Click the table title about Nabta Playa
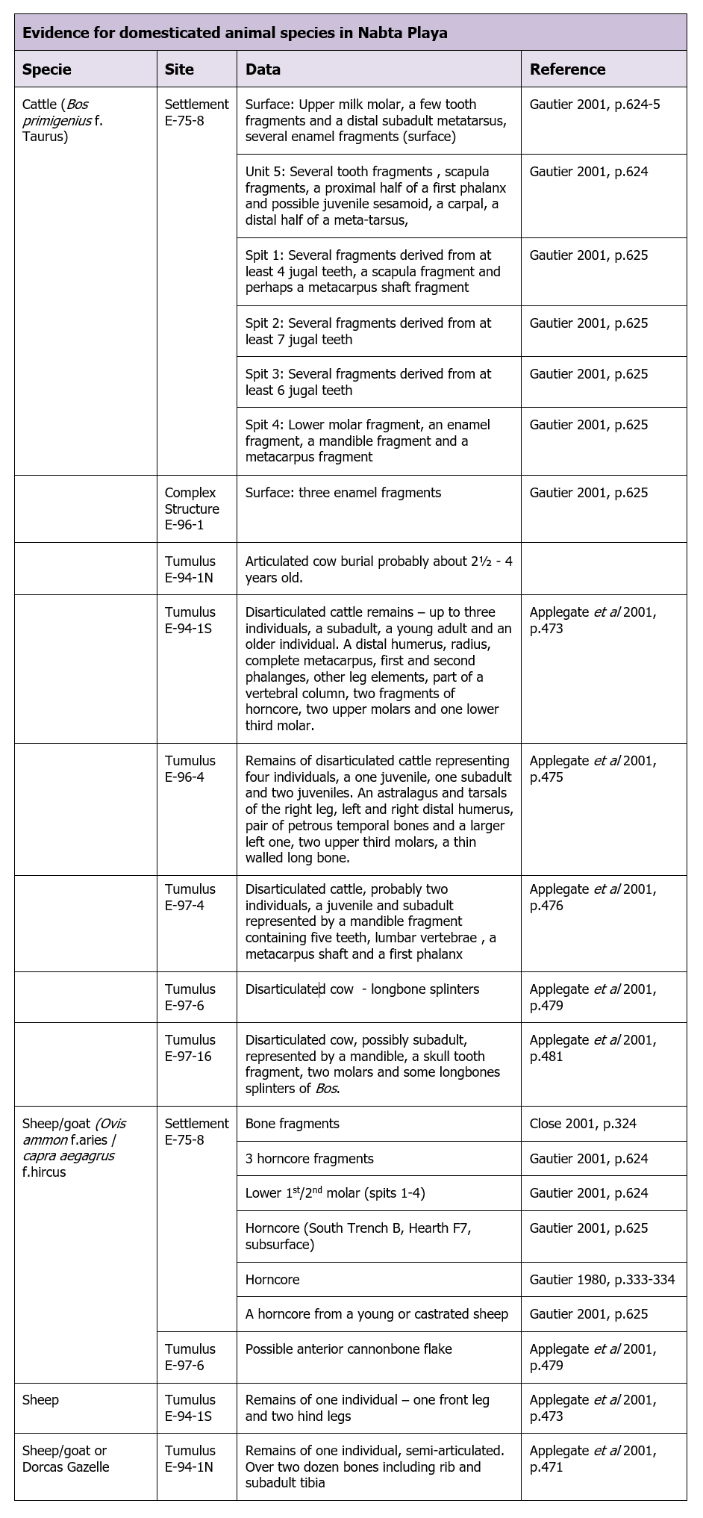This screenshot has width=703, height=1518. [x=235, y=33]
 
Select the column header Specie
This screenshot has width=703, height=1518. [x=47, y=69]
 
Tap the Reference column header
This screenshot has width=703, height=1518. [x=567, y=69]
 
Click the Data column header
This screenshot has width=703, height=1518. [x=263, y=69]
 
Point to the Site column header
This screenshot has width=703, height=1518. [x=179, y=69]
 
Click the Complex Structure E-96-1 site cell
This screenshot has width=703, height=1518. [x=192, y=508]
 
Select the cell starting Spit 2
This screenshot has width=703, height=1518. [x=368, y=332]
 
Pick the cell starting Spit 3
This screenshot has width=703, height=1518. [x=368, y=382]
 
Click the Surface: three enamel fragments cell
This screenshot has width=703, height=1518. [x=343, y=493]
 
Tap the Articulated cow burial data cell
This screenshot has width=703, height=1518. [x=378, y=569]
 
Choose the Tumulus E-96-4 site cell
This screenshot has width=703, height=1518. [x=190, y=768]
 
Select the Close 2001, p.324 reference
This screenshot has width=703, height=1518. [x=583, y=1123]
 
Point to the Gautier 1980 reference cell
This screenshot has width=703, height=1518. [x=602, y=1279]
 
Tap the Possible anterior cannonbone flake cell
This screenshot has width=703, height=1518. [x=349, y=1349]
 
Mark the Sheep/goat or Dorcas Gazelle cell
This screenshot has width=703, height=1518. [x=66, y=1458]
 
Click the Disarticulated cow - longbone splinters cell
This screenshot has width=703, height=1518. [x=362, y=989]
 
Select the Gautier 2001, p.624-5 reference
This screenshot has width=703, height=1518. [x=595, y=105]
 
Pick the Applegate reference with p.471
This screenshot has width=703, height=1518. [x=593, y=1458]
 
